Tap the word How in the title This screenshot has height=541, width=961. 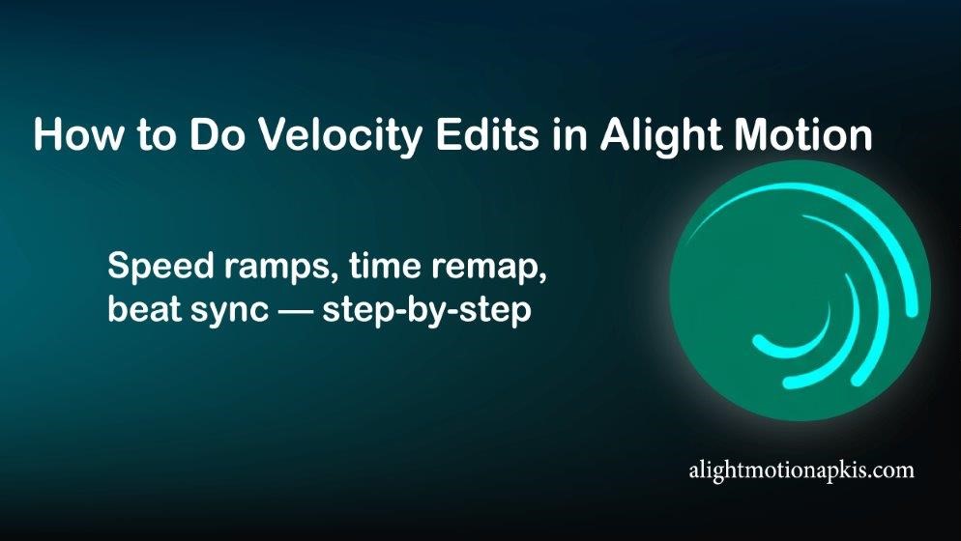pos(72,134)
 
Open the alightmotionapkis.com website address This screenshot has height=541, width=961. pos(800,470)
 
